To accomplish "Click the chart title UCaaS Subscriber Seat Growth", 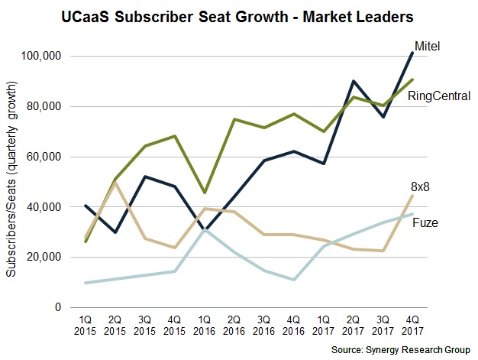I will (238, 16).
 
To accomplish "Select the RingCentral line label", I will (438, 96).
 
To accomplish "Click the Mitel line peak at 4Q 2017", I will (413, 52).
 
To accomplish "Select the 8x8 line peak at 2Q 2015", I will (115, 183).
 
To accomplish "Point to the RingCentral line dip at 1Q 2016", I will (203, 193).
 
